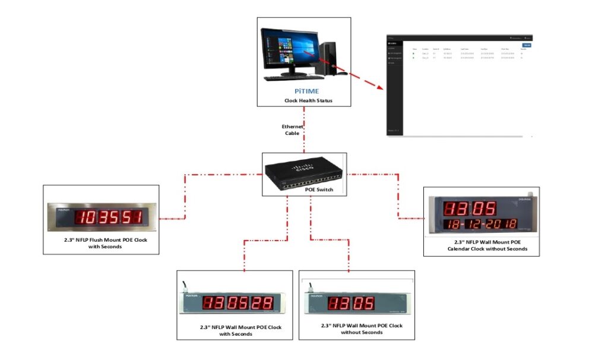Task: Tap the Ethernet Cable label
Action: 292,130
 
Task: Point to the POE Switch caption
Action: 305,190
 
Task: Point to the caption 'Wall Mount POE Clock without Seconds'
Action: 362,329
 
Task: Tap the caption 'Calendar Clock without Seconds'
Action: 480,245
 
